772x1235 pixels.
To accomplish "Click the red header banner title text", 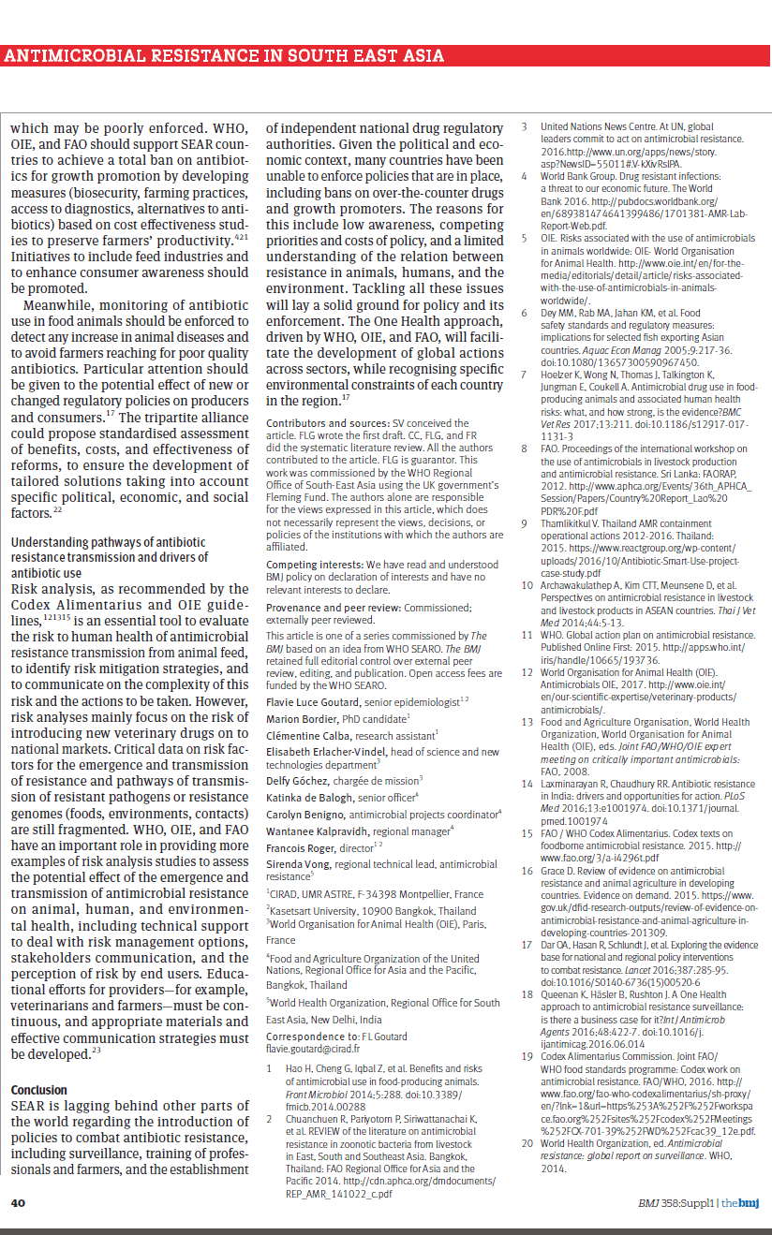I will click(x=225, y=55).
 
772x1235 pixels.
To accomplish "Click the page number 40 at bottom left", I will click(x=19, y=1202).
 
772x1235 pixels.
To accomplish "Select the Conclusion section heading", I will click(x=38, y=1090).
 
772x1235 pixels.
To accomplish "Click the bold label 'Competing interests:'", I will click(x=314, y=566).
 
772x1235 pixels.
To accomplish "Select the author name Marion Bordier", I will click(x=301, y=718).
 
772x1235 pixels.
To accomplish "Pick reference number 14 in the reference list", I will click(x=527, y=784).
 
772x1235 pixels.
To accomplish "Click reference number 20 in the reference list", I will click(x=527, y=1143).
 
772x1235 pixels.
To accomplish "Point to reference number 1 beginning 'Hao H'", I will click(x=271, y=1068).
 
